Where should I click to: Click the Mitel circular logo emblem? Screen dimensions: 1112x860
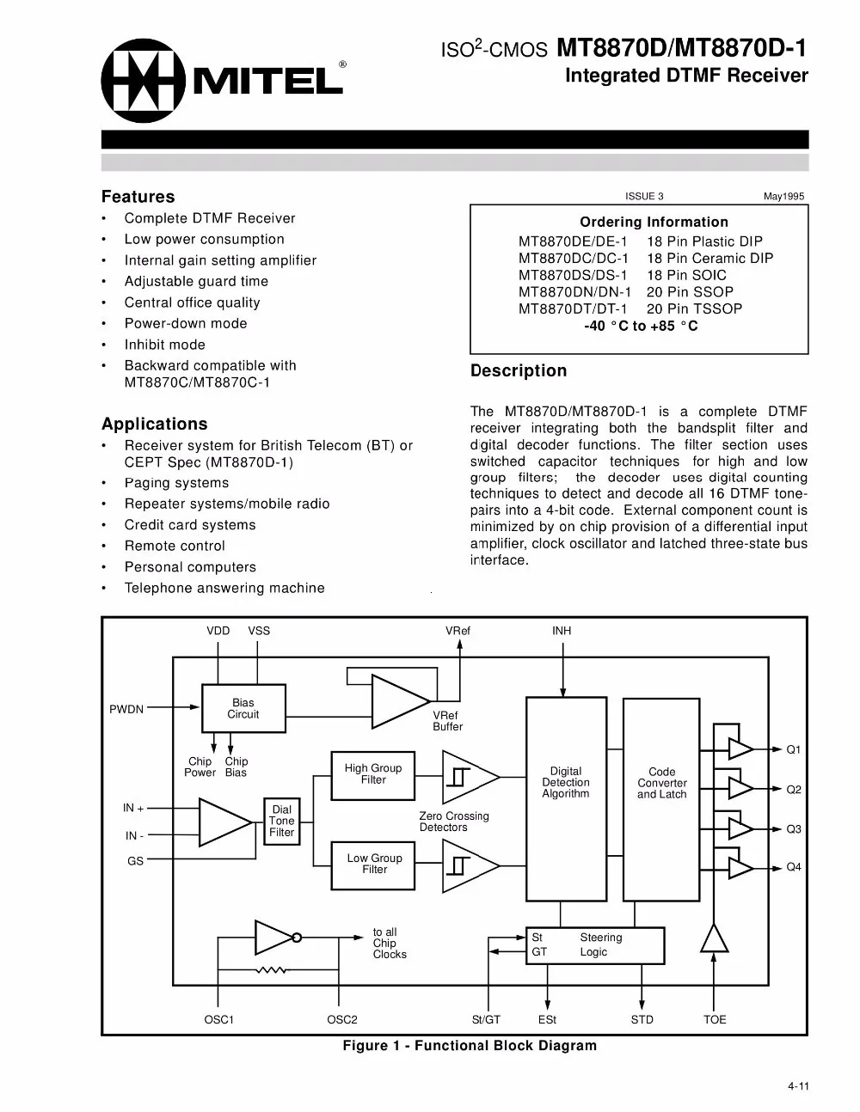coord(143,82)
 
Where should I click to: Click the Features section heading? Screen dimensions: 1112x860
coord(138,197)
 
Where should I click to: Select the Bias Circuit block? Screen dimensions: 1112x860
coord(243,708)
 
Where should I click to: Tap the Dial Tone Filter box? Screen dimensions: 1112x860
coord(282,821)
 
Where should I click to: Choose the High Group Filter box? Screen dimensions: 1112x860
coord(373,774)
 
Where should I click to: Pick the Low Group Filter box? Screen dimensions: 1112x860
coord(374,864)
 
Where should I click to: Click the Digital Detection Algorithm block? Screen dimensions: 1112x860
coord(566,783)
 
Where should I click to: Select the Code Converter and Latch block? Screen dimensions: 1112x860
coord(661,783)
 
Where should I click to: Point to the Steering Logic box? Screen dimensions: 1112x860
coord(595,945)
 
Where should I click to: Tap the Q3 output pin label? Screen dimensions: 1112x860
coord(794,829)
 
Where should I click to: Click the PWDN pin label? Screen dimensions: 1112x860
coord(126,709)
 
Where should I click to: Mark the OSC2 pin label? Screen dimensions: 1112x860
coord(342,1020)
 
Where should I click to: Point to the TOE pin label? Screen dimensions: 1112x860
coord(715,1020)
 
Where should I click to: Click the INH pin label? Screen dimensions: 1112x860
coord(562,631)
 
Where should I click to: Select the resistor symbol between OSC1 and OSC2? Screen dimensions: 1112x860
coord(272,971)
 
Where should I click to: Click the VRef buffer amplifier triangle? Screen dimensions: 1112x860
coord(397,701)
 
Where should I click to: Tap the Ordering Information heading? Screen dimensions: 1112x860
coord(654,222)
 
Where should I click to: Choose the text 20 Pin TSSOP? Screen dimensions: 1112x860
coord(694,309)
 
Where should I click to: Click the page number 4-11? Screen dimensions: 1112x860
coord(798,1086)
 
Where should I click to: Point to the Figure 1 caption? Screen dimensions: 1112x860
coord(470,1046)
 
